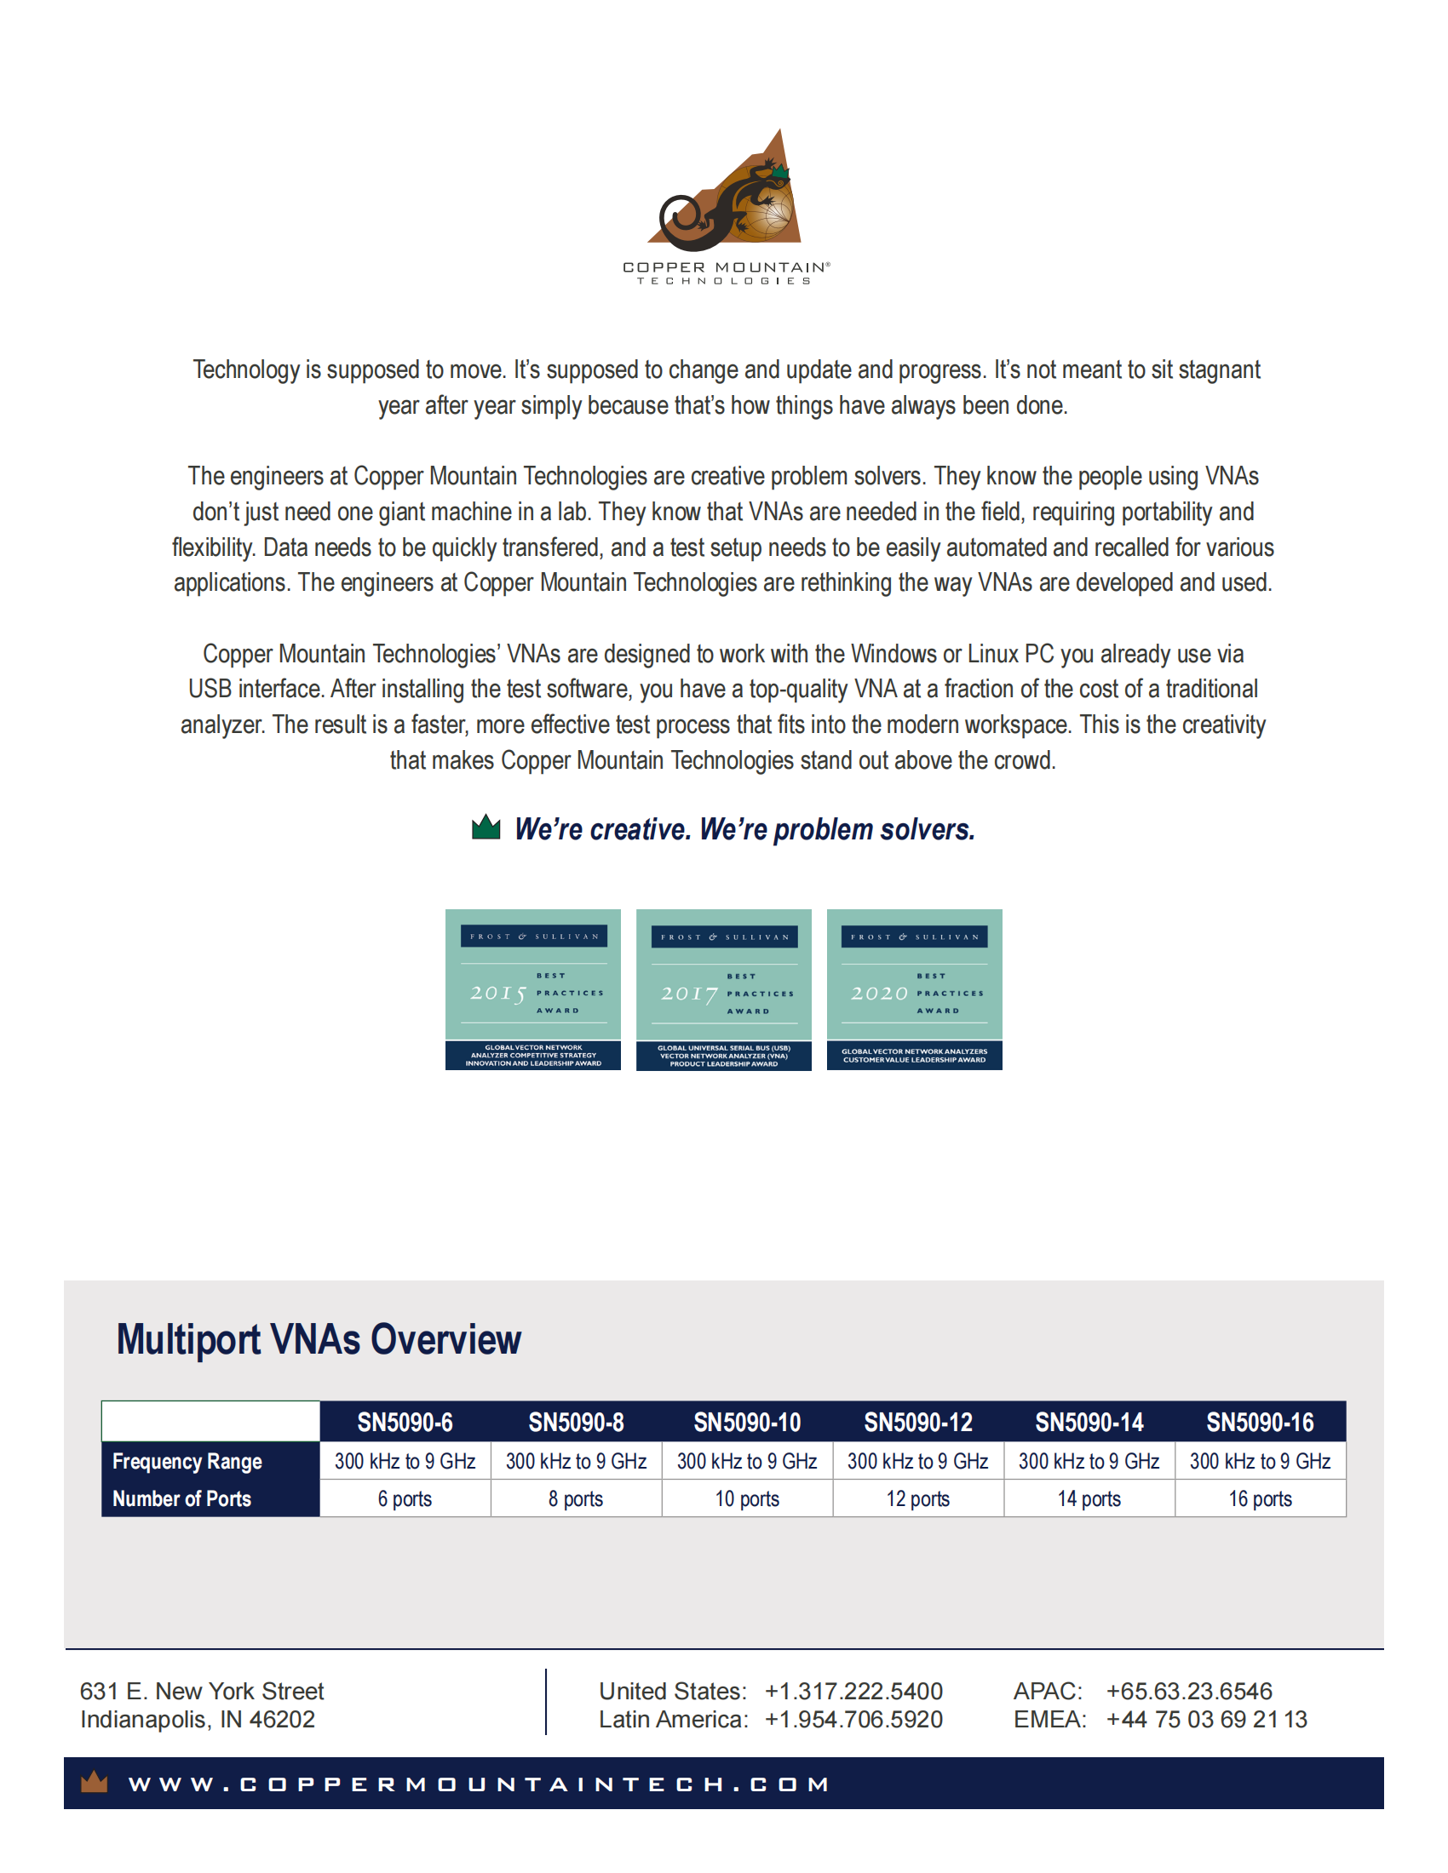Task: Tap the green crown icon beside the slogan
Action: click(486, 827)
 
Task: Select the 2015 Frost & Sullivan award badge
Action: click(532, 988)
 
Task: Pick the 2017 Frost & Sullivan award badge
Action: click(723, 989)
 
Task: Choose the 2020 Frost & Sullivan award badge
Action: click(914, 988)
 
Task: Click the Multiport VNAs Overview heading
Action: click(319, 1339)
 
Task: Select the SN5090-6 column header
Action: click(405, 1423)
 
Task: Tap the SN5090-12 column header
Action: click(918, 1423)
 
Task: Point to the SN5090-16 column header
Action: click(1259, 1423)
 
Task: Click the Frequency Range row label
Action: click(187, 1461)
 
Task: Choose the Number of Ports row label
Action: click(182, 1499)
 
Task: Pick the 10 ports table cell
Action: click(747, 1499)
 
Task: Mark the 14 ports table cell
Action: click(1089, 1499)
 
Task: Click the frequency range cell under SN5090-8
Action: click(576, 1461)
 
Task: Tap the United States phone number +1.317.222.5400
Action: click(853, 1691)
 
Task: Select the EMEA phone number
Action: click(1206, 1720)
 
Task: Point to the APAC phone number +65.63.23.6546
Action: click(1189, 1691)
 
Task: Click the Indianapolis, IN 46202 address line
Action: click(198, 1720)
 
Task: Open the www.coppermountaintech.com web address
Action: click(479, 1784)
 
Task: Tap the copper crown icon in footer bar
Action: click(94, 1784)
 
